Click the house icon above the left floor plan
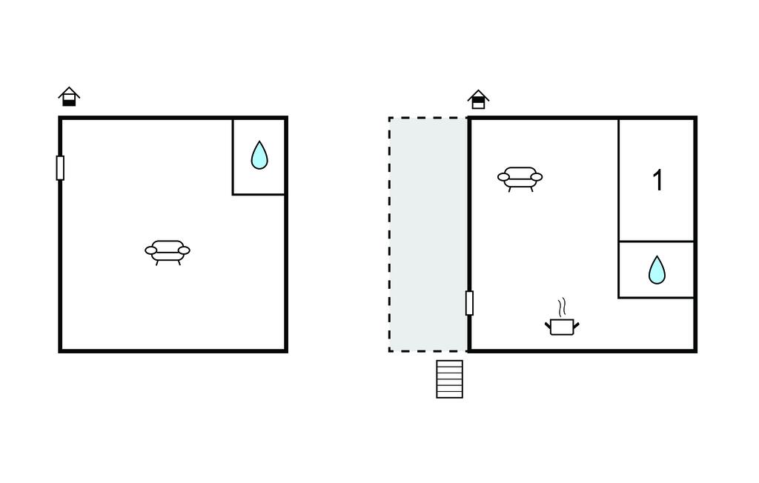(69, 96)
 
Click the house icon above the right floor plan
(478, 99)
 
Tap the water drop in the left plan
(259, 155)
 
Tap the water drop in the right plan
(657, 270)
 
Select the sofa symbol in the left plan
(168, 252)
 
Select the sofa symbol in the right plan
(520, 179)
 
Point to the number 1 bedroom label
(657, 181)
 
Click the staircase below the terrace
(450, 379)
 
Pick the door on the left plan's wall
(60, 168)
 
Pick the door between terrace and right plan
(469, 303)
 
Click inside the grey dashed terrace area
(428, 234)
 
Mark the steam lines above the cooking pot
(562, 307)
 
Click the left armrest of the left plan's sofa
(151, 250)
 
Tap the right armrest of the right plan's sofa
(537, 177)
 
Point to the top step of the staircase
(450, 363)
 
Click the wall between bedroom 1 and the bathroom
(657, 241)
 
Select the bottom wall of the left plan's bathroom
(259, 195)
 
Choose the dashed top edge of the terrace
(428, 118)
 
